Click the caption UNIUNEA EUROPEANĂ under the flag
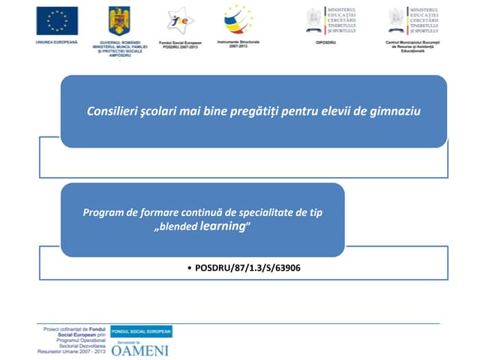point(56,42)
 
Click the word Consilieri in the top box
point(112,111)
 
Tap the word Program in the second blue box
point(104,212)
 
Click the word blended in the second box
point(178,226)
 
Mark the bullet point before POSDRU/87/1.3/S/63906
point(187,267)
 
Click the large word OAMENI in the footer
point(139,349)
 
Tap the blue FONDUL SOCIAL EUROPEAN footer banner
point(141,331)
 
